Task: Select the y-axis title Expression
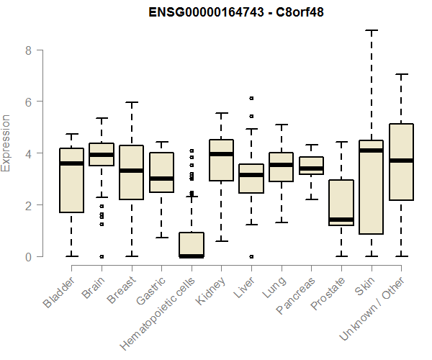tap(6, 143)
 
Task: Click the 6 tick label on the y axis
tap(29, 102)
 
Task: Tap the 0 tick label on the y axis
tap(29, 257)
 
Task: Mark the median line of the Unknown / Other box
tap(402, 161)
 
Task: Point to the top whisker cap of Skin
tap(372, 31)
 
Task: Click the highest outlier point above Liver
tap(251, 98)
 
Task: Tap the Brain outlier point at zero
tap(102, 256)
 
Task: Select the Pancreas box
tap(311, 166)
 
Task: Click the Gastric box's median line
tap(161, 178)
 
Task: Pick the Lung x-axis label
tap(272, 288)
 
